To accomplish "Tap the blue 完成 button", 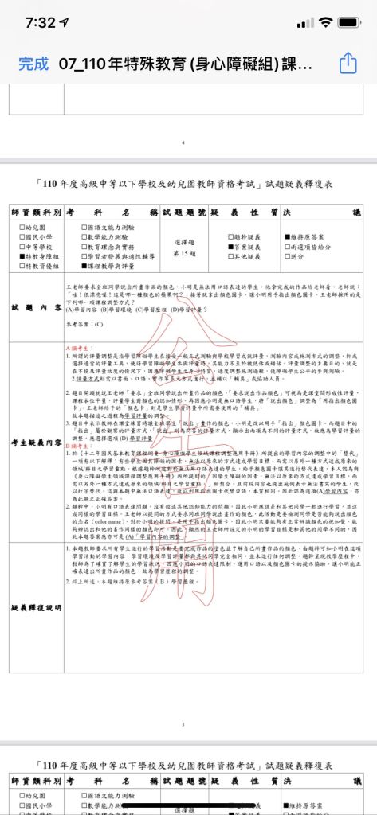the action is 33,63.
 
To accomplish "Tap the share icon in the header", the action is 348,63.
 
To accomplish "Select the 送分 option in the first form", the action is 300,257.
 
